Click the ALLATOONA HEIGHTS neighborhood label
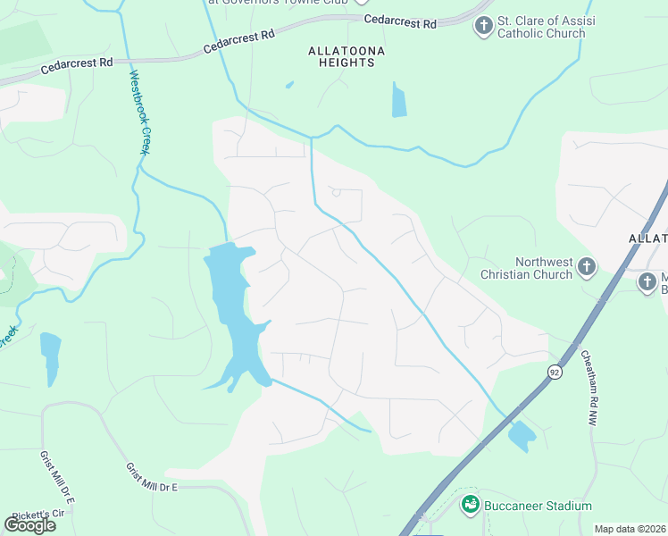point(347,58)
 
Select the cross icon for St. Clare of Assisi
point(483,26)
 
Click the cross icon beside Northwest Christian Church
point(586,266)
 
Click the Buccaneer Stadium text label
point(538,506)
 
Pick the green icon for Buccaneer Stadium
point(471,506)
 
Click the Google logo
point(29,525)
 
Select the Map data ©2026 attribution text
point(630,529)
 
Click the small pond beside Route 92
point(521,435)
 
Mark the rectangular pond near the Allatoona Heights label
point(398,99)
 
